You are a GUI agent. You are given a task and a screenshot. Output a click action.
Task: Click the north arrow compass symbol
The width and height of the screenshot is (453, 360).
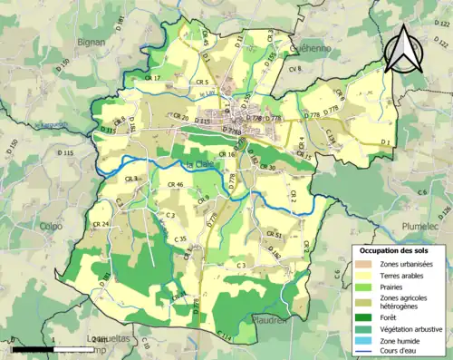(404, 49)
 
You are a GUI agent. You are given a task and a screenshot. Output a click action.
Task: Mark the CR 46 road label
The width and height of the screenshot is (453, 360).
(174, 185)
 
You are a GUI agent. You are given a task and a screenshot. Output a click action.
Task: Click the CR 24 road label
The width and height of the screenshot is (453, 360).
(100, 223)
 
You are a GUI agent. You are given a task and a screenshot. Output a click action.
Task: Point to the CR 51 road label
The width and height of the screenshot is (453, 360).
(275, 235)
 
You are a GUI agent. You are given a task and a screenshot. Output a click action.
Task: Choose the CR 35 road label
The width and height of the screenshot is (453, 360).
(180, 238)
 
